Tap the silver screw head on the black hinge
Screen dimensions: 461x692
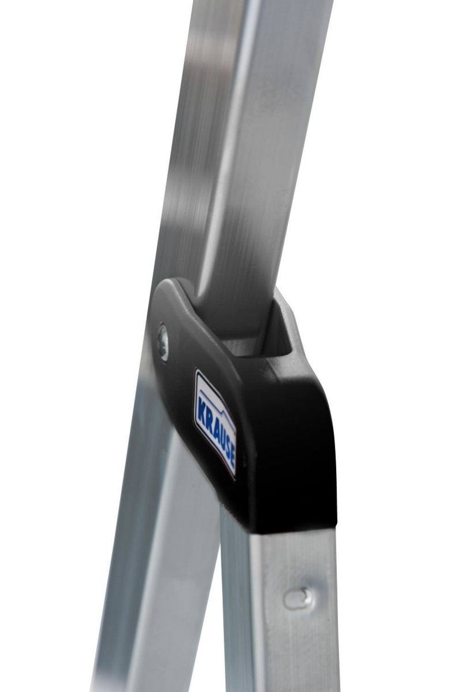tap(163, 342)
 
